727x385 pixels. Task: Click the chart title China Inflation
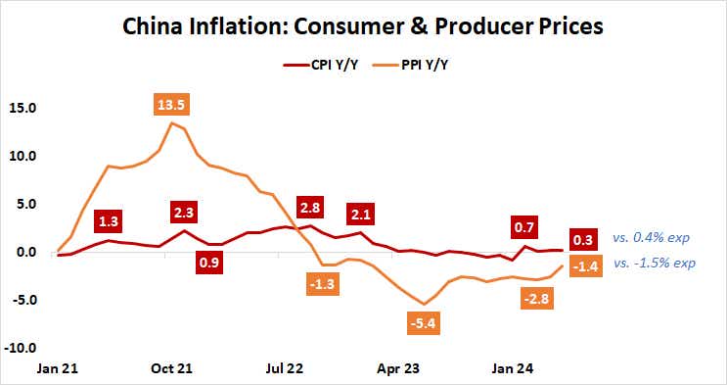363,25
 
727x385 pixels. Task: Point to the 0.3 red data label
585,240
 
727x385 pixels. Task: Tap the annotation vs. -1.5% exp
655,264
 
